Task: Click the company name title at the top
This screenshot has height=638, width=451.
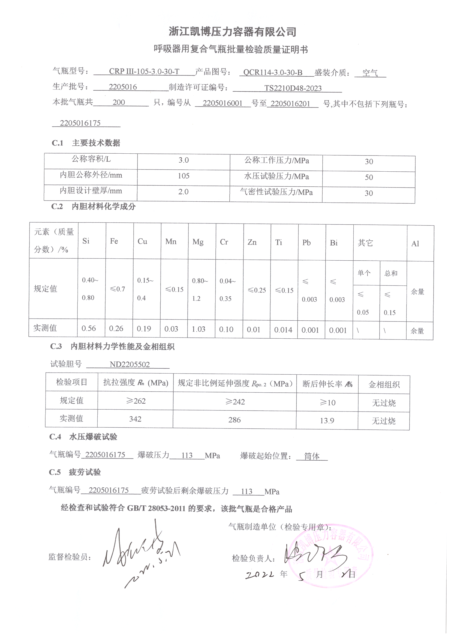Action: (232, 32)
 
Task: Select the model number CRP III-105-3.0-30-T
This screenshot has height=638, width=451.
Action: (144, 71)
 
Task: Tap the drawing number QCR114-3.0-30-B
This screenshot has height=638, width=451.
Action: (273, 73)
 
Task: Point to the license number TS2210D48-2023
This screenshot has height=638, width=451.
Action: (293, 88)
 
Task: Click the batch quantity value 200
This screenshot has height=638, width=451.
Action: (119, 102)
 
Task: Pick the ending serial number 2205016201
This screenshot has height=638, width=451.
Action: (290, 104)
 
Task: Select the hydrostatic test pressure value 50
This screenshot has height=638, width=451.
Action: (369, 177)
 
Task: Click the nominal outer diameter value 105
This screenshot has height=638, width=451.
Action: (183, 176)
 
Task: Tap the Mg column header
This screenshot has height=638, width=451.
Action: (198, 242)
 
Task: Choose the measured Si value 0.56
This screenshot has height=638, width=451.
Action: (89, 329)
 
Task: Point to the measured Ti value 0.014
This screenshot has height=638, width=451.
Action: (283, 330)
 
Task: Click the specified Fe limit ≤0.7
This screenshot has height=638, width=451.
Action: (117, 289)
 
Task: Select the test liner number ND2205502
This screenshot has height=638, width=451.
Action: (130, 365)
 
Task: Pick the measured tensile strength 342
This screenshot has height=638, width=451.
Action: (135, 419)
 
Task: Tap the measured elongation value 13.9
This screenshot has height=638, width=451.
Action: (327, 421)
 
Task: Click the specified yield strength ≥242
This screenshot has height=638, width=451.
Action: (235, 402)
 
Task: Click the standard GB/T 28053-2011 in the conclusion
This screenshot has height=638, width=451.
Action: (156, 508)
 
